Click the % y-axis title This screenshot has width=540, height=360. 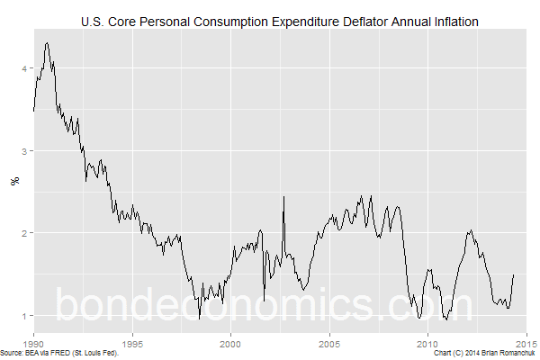coord(13,181)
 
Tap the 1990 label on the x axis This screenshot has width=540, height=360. coord(34,343)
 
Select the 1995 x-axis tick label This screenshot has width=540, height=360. coord(132,343)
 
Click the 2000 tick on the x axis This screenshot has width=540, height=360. coord(231,343)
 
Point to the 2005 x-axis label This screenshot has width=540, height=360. coord(329,343)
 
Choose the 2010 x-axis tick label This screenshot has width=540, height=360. coord(427,343)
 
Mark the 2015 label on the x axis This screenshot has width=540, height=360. coord(526,343)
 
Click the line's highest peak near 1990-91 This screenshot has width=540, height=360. coord(47,42)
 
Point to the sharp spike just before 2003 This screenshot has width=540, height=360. coord(283,196)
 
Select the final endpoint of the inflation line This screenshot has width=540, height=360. coord(514,274)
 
